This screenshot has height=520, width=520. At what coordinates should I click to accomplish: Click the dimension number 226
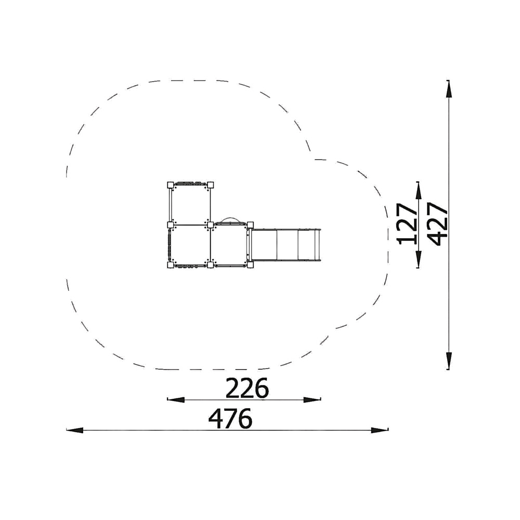247,388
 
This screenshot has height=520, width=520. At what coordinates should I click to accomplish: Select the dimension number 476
230,419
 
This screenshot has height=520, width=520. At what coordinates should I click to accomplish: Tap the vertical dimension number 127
407,224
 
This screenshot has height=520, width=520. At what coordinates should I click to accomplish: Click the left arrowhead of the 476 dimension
74,431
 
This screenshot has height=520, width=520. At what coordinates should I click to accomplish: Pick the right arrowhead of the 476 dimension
380,431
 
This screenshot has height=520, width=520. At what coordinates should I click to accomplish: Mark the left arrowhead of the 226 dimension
176,399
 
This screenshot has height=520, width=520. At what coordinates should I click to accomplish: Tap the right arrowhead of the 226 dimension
312,399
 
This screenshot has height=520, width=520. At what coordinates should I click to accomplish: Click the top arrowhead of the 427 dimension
449,89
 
